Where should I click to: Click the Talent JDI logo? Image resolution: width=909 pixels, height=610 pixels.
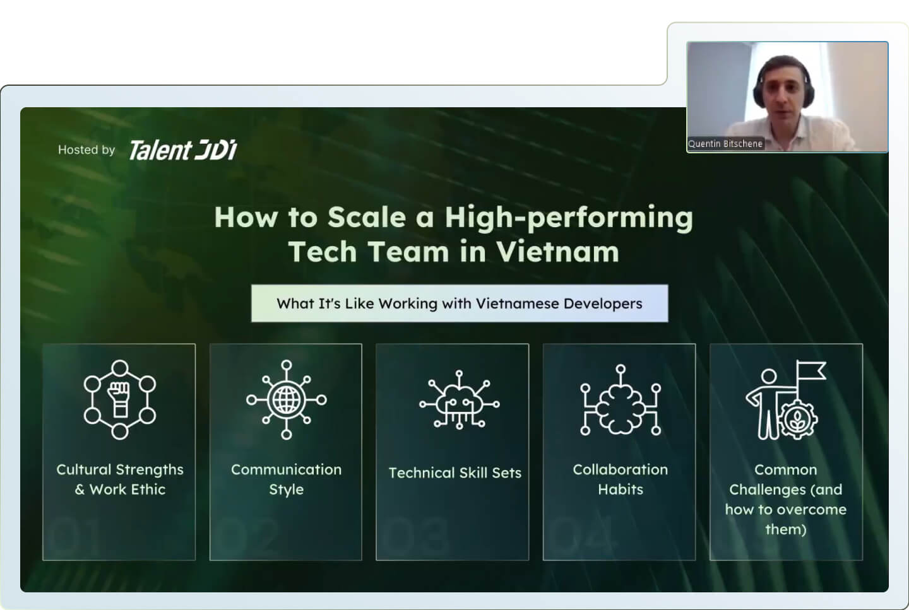(x=182, y=150)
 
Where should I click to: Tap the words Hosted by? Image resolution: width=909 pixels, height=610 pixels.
(x=86, y=150)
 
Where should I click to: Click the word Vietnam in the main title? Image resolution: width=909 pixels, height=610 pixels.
(x=557, y=252)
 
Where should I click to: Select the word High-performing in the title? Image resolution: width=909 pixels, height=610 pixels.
(x=569, y=218)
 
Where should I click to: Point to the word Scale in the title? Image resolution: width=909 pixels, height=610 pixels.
(x=366, y=217)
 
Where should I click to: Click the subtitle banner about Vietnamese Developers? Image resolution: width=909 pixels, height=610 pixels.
(x=460, y=303)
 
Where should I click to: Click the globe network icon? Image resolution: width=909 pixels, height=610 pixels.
(x=286, y=399)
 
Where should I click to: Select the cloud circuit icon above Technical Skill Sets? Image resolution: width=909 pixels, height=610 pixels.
(x=460, y=399)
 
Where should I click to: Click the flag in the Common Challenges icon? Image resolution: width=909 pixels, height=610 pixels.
(x=810, y=370)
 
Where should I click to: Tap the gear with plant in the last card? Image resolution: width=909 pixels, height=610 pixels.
(x=798, y=419)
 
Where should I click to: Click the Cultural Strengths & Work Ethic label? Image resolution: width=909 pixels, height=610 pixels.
(x=120, y=479)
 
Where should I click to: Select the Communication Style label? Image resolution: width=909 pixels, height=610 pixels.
(x=286, y=479)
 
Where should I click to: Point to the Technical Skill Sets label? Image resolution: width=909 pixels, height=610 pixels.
(x=455, y=473)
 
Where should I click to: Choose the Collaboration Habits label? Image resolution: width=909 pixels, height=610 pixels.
(x=620, y=479)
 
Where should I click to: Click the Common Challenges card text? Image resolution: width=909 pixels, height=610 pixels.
(x=786, y=499)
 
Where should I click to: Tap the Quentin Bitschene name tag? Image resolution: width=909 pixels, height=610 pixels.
(x=725, y=144)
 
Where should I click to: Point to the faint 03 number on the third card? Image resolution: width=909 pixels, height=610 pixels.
(x=415, y=536)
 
